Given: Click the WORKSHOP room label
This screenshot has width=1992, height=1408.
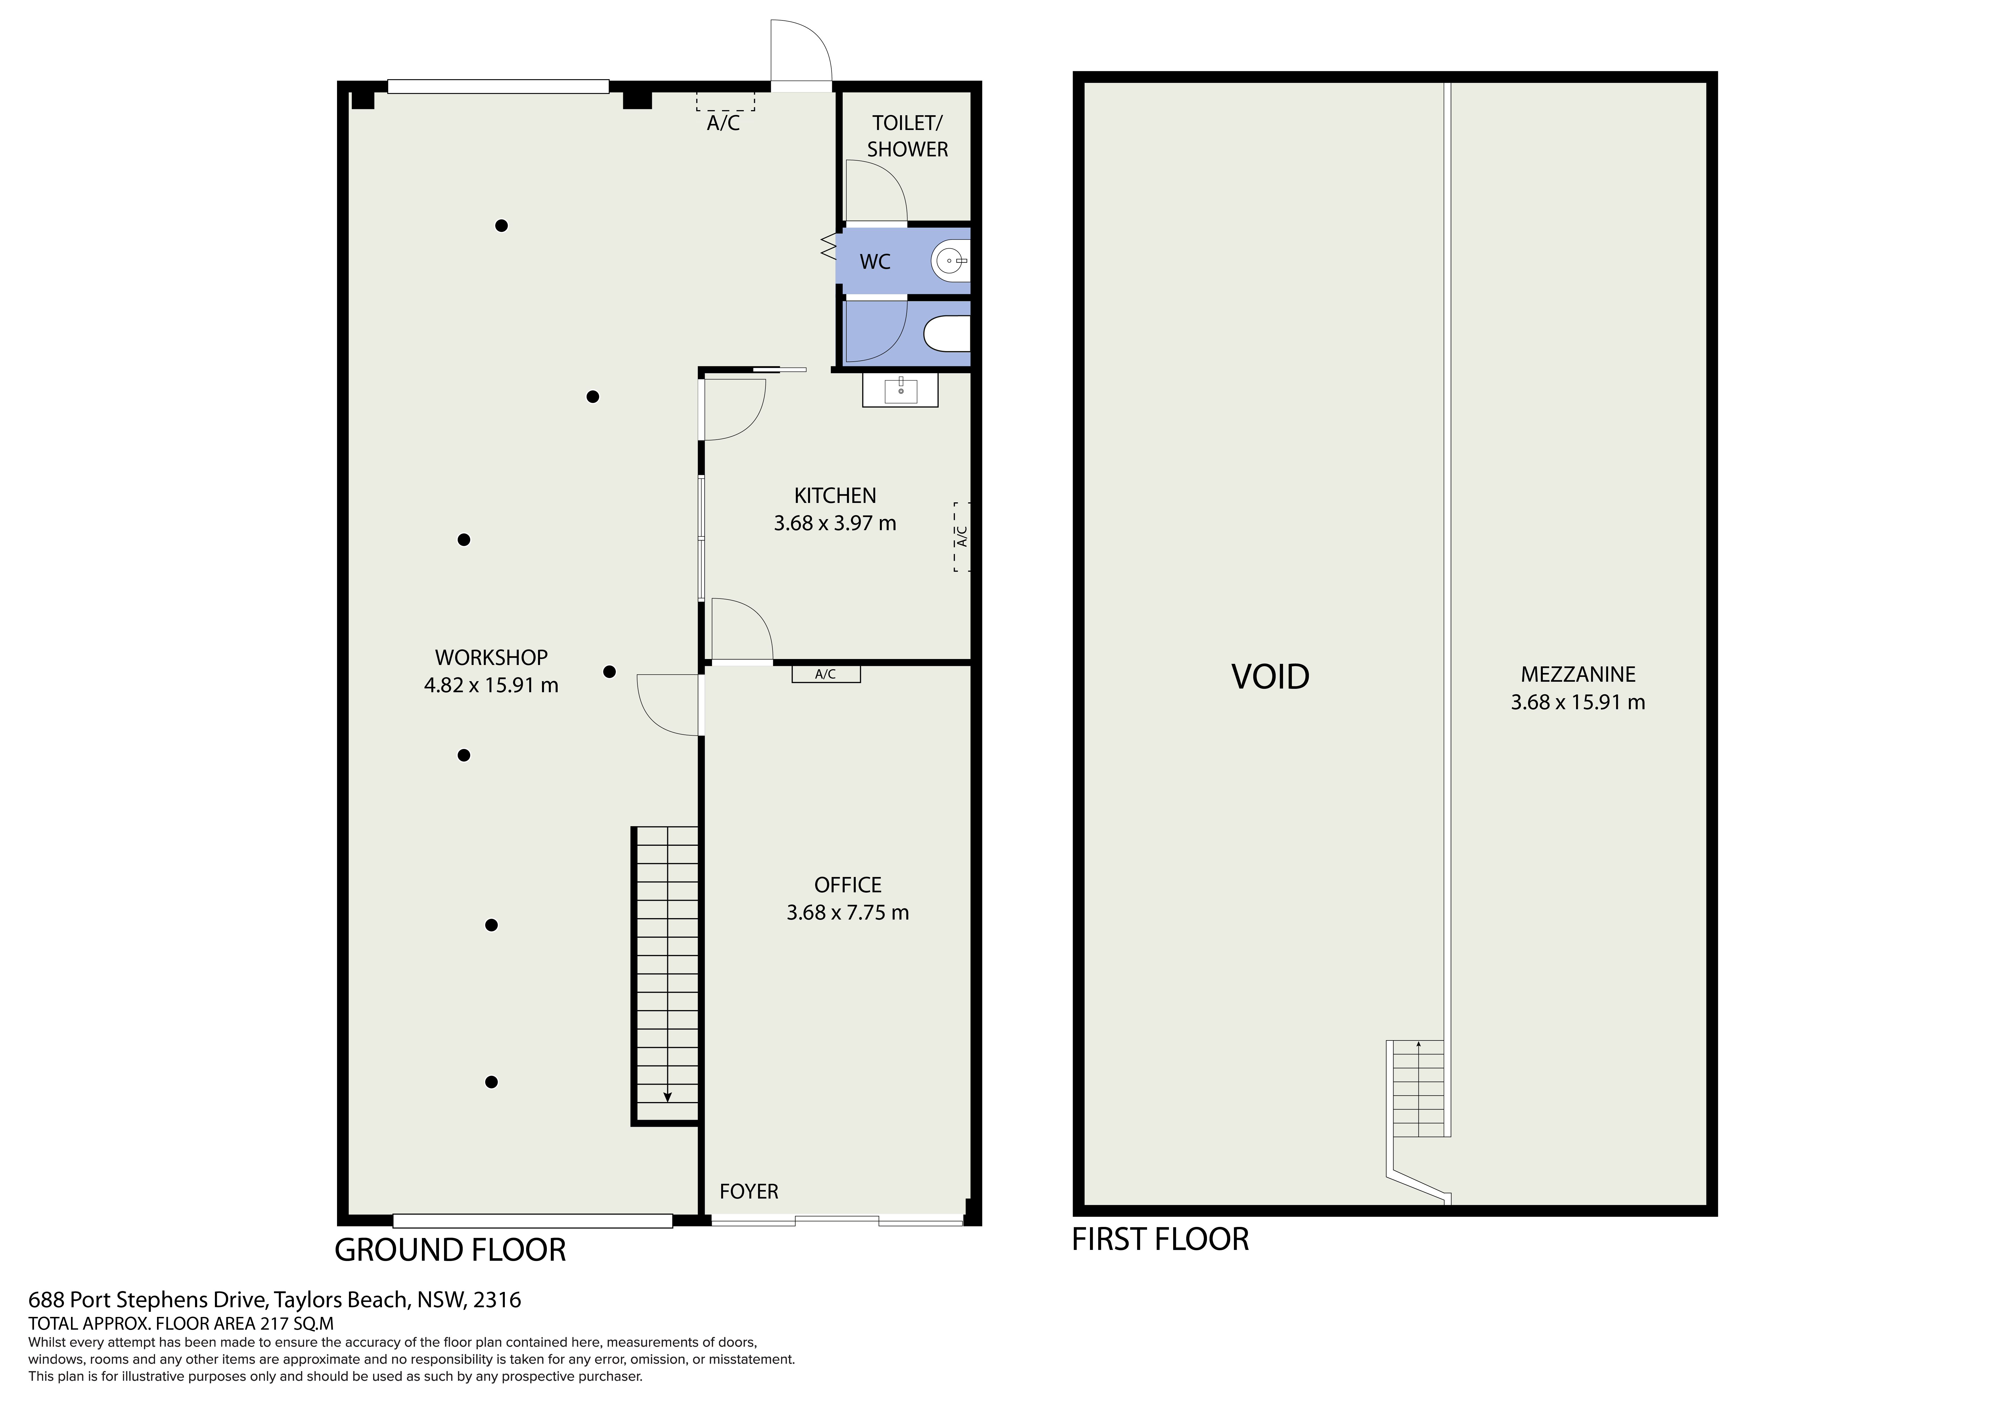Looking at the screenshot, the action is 491,658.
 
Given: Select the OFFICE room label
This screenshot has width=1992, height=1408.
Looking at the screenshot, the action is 848,885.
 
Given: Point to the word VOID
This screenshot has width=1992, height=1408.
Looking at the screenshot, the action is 1270,676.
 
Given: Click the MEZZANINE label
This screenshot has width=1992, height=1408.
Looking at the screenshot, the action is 1578,674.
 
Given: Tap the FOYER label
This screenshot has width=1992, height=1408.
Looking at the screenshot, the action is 749,1191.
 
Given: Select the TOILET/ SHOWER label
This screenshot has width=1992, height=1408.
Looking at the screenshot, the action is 907,136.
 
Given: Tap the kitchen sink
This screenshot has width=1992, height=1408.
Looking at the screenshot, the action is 901,391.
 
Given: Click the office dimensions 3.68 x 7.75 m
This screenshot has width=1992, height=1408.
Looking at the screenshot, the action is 848,913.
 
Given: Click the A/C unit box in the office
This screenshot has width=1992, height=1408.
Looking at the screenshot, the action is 826,674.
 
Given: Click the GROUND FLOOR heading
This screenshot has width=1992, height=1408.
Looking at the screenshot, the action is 450,1250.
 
